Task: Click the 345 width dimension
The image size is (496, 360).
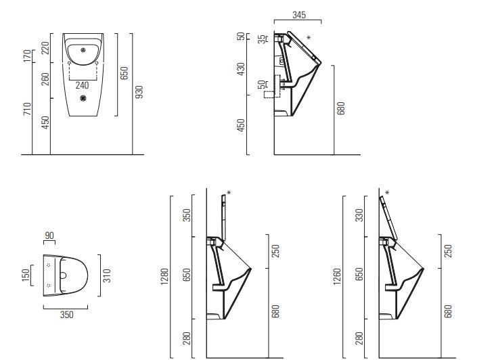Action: point(299,15)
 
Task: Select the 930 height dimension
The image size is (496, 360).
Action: point(139,92)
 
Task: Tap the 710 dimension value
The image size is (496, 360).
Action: point(28,108)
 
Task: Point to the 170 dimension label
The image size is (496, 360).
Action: point(28,56)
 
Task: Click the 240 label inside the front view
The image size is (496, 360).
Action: point(83,85)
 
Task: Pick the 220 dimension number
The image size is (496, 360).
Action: point(45,48)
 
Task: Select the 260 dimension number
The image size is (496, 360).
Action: point(45,79)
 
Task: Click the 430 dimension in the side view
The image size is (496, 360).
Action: point(241,69)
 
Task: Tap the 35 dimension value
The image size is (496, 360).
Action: point(262,39)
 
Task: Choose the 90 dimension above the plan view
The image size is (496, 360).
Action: point(49,235)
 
